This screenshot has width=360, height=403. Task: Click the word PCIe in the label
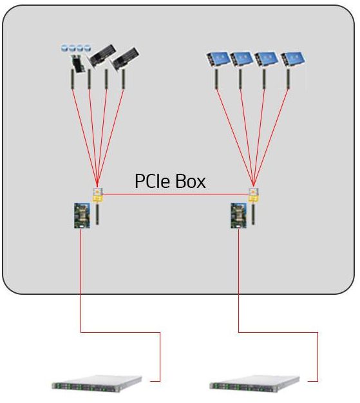coord(153,182)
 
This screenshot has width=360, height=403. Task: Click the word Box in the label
coord(190,182)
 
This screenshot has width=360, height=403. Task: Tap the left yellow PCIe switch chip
coord(98,194)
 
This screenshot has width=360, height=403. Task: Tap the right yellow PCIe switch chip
coord(256,194)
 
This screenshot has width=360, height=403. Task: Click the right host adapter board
coord(238,216)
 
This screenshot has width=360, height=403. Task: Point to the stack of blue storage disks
coord(75,48)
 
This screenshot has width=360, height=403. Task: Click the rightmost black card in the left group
coord(126,59)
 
